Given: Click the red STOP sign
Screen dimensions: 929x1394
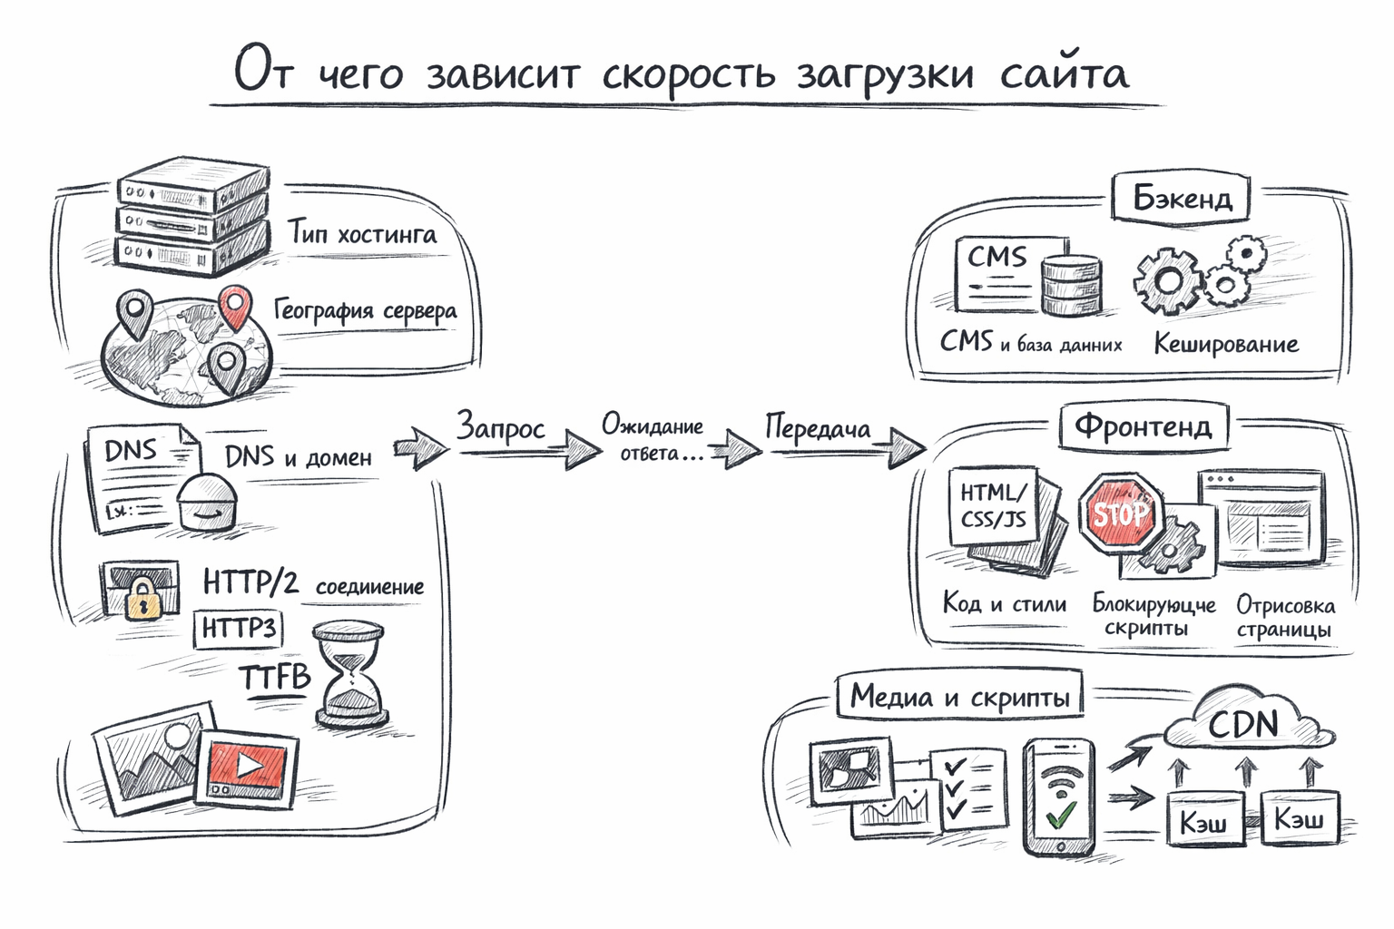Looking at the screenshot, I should coord(1119,513).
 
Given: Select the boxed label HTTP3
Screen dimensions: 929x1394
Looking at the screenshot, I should coord(238,629).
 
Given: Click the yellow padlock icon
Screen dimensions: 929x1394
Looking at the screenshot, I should coord(141,597).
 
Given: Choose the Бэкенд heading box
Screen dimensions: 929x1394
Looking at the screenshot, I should coord(1182,198).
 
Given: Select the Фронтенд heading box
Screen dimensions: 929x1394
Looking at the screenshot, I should coord(1143,425).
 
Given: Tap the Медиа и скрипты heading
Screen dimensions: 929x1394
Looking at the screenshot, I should coord(959,697).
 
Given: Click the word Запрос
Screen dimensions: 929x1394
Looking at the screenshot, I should coord(500,426).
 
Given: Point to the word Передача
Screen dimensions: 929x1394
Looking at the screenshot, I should coord(817,427).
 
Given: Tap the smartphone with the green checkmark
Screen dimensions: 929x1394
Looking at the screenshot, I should coord(1058,797).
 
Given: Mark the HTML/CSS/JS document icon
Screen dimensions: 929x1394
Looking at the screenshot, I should coord(995,506).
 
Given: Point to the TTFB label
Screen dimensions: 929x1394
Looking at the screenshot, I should coord(275,677).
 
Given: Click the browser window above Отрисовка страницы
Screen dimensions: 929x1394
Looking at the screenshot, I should coord(1261,517).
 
